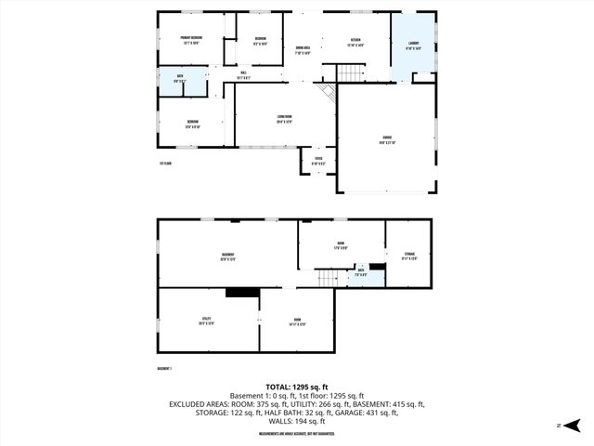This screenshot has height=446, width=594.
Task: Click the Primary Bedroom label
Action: pos(191,40)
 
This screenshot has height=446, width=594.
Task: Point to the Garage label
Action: pos(387,141)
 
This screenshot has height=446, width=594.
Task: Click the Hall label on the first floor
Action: pos(243,75)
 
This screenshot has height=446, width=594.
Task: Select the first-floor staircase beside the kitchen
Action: pos(349,72)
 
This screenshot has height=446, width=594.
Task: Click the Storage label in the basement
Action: pos(408,255)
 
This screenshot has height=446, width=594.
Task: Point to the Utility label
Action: pos(207,321)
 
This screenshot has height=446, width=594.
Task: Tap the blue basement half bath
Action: pos(362,274)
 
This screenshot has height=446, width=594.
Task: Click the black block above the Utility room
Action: pos(243,292)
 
